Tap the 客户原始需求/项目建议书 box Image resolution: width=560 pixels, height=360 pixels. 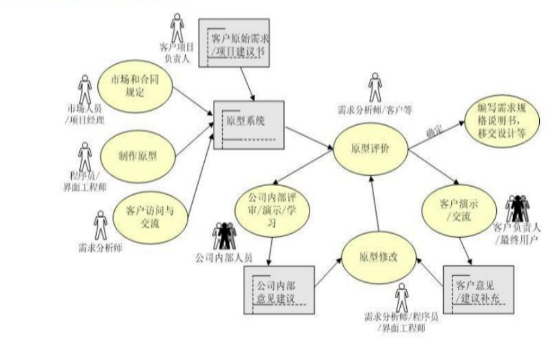pos(234,41)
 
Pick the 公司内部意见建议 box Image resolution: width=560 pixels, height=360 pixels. pos(277,289)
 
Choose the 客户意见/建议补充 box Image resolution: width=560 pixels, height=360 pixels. pos(478,289)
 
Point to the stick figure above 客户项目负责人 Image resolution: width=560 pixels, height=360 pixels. pos(177,27)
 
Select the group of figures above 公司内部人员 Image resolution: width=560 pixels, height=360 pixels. pos(224,235)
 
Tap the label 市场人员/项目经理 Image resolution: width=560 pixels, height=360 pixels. pos(85,114)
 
